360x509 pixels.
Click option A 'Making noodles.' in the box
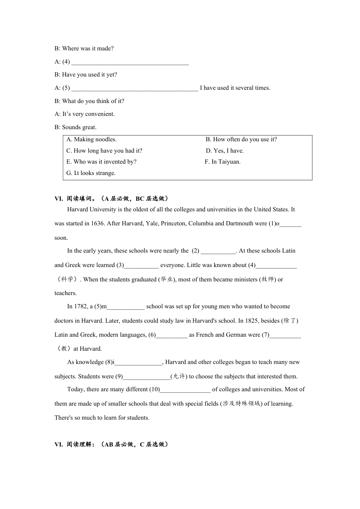[91, 139]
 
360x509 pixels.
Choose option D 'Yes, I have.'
[225, 151]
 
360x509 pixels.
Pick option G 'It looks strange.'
[91, 173]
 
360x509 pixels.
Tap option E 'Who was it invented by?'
[101, 162]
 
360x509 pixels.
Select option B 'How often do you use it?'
[241, 139]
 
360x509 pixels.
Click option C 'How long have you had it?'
[104, 151]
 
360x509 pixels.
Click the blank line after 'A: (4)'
[130, 62]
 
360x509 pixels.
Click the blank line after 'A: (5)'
[135, 88]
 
